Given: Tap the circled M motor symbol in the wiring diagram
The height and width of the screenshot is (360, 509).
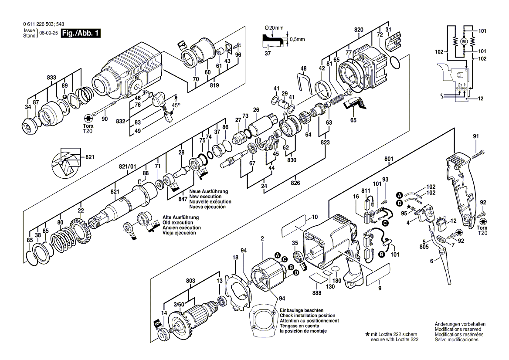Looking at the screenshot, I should tap(464, 41).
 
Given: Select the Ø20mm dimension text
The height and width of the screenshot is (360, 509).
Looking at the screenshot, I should tap(274, 28).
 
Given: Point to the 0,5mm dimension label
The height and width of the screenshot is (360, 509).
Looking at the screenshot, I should tap(297, 39).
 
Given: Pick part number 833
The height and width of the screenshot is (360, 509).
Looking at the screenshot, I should tap(51, 77).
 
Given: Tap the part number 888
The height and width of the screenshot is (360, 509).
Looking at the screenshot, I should tap(317, 293).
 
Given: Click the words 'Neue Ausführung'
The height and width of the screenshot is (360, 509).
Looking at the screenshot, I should tap(208, 192).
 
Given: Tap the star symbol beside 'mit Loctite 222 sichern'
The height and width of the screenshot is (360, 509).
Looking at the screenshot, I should tap(368, 333).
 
